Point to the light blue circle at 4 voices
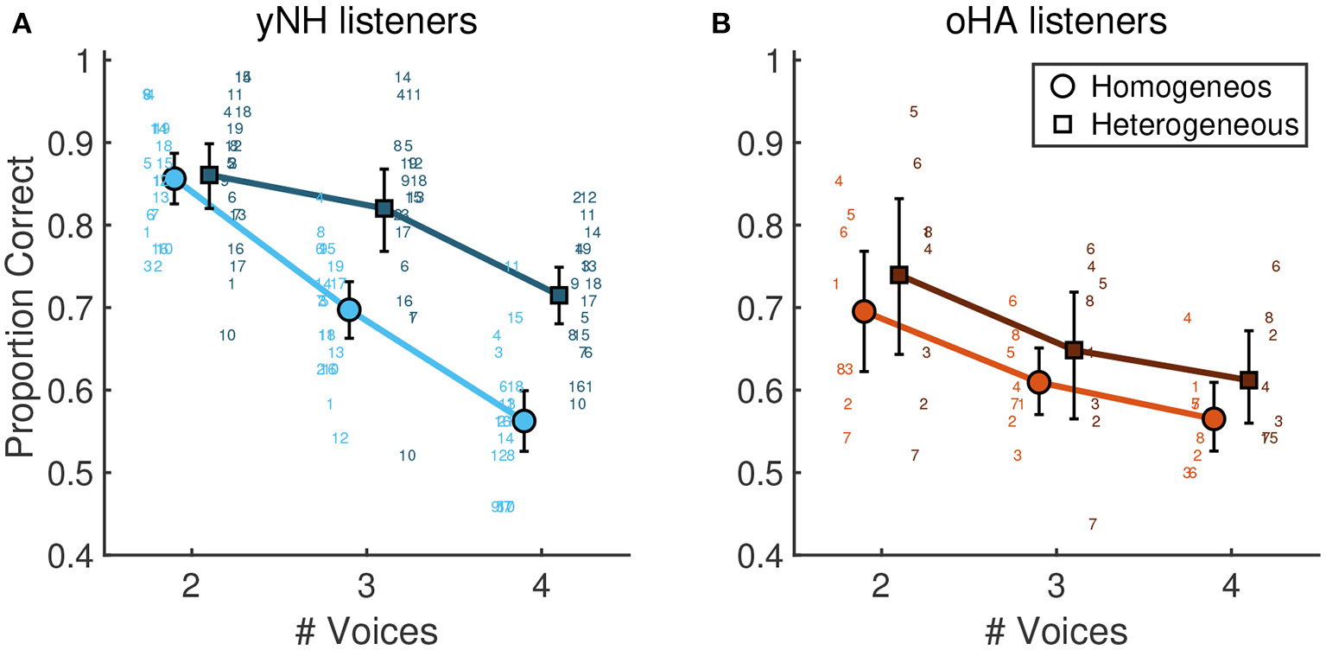coord(523,420)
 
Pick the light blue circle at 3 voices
coord(349,309)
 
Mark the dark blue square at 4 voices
coord(559,296)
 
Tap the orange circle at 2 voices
coord(864,311)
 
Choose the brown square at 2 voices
coord(899,275)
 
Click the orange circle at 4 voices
coord(1214,418)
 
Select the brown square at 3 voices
coord(1074,350)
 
